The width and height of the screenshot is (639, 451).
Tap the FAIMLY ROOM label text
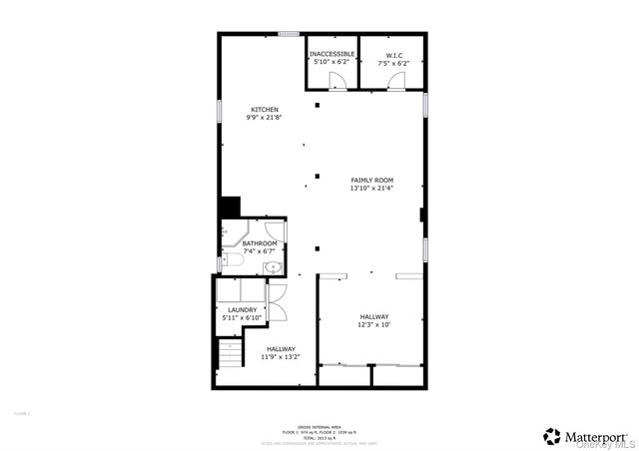pos(371,181)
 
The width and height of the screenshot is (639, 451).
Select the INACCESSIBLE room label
pos(330,54)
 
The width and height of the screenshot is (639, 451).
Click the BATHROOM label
pos(260,243)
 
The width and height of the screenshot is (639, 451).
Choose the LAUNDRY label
pos(243,309)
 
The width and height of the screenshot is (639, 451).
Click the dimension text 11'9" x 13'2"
pos(281,356)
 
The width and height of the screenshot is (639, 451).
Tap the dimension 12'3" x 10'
pos(375,325)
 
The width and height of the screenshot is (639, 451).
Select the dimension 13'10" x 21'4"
pos(371,189)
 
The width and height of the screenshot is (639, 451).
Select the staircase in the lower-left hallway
pos(230,354)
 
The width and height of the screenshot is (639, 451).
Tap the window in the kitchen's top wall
pos(289,34)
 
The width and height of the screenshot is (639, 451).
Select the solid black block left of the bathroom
pos(230,207)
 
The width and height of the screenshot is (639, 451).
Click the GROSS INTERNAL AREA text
pos(320,425)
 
